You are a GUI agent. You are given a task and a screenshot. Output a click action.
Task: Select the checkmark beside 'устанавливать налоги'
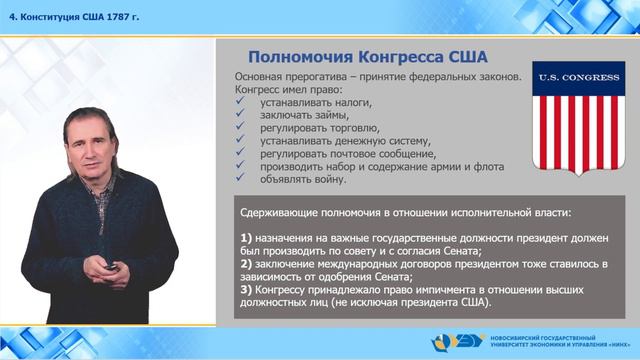240,103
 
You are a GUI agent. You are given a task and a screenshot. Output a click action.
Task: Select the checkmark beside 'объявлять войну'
240,180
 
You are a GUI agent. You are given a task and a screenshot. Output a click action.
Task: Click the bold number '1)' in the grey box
248,237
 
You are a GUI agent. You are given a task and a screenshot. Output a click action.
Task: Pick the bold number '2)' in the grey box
248,263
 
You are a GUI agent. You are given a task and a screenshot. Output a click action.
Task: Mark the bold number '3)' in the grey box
248,288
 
